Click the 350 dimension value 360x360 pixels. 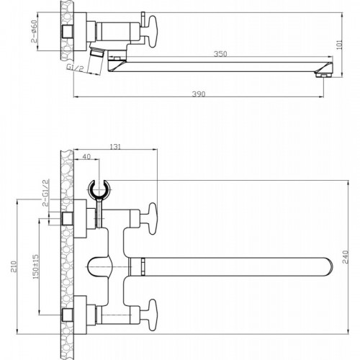point(220,54)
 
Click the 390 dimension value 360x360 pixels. point(199,94)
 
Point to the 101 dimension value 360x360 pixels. point(340,45)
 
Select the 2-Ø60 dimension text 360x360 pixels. point(35,32)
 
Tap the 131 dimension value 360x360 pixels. point(115,147)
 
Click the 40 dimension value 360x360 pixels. point(86,156)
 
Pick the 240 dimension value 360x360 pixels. point(345,257)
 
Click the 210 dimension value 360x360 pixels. point(14,266)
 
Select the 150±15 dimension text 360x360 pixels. point(35,266)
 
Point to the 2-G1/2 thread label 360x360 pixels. point(45,193)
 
